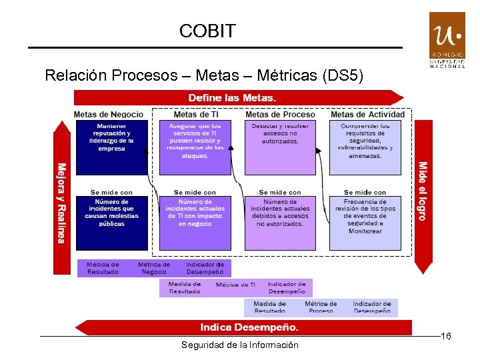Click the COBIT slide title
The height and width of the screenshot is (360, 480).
207,31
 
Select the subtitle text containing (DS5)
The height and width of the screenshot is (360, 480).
204,75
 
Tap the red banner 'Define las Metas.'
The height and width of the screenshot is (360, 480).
231,98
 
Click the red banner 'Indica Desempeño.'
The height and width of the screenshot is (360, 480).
249,327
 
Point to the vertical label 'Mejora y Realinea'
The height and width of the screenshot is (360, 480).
61,203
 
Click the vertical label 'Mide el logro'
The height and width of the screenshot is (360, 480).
422,191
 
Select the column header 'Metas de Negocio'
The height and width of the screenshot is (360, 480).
108,115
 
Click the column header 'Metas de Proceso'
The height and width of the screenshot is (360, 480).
280,115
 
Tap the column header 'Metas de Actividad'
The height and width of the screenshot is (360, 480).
367,115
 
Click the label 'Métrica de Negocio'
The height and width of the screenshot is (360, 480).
154,268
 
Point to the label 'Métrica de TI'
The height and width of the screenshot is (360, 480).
235,285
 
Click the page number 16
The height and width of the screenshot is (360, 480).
446,337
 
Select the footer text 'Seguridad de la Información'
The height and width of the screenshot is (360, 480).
240,345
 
